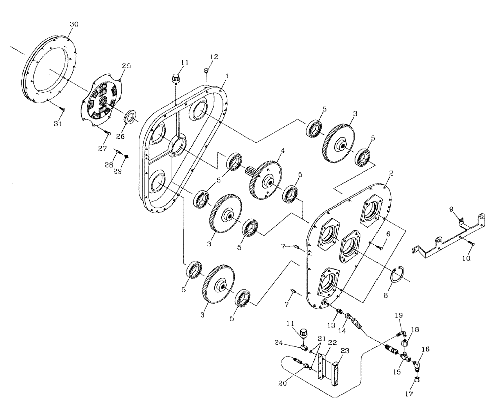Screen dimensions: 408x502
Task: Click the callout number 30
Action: [74, 24]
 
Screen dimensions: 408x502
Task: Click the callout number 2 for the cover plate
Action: [390, 172]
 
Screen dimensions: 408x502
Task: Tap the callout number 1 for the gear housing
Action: [227, 76]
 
